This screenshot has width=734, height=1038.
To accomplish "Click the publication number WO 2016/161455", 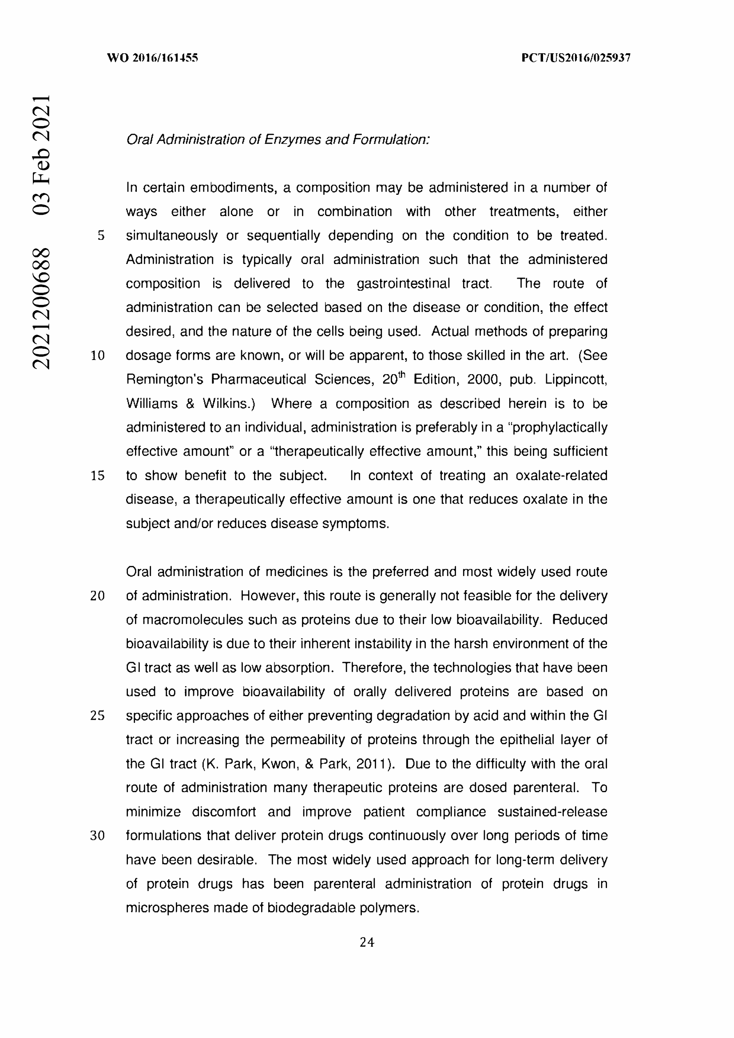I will tap(152, 58).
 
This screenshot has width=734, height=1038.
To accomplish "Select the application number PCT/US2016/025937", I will tap(576, 58).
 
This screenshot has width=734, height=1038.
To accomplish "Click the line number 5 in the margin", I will tap(101, 236).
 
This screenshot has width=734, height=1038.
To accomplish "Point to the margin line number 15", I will tap(98, 476).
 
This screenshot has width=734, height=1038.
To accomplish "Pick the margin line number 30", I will tap(98, 836).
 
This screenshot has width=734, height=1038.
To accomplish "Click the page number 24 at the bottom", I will tap(367, 942).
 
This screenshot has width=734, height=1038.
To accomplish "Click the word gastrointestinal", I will tap(403, 284).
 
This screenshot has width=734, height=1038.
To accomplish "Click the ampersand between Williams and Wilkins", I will tap(190, 403).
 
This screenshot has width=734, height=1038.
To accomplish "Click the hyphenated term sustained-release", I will tap(552, 812).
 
